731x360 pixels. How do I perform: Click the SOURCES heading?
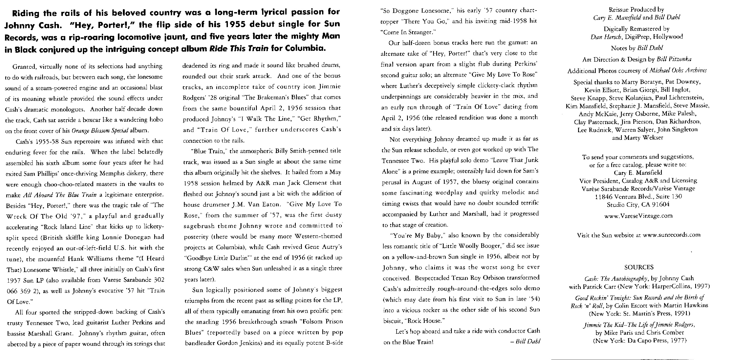[639, 267]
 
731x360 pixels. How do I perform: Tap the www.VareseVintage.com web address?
[638, 216]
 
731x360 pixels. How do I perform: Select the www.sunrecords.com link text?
[672, 235]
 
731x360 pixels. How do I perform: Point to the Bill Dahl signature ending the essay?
[528, 341]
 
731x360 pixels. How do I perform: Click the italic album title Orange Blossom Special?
[100, 131]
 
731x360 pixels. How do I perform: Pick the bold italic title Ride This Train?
[239, 48]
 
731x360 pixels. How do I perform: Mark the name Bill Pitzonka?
[674, 59]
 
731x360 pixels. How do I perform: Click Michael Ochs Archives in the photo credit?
[678, 70]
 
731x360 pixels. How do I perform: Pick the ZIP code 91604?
[660, 204]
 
